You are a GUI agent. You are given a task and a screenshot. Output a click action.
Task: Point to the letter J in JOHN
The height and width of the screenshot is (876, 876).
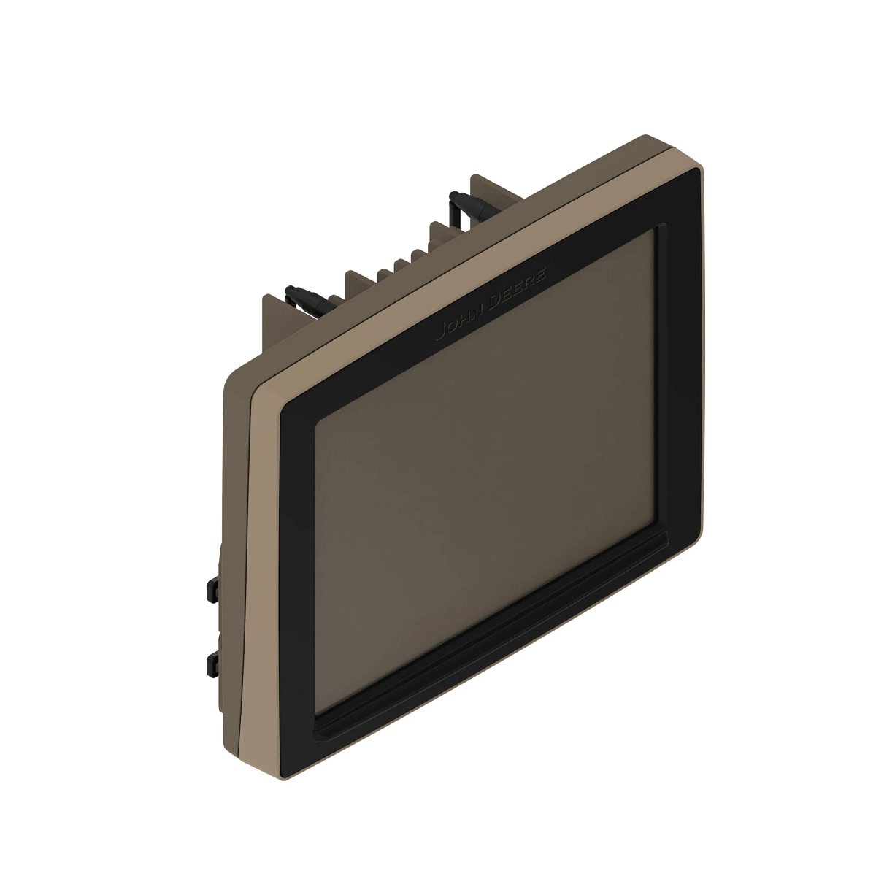point(439,337)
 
